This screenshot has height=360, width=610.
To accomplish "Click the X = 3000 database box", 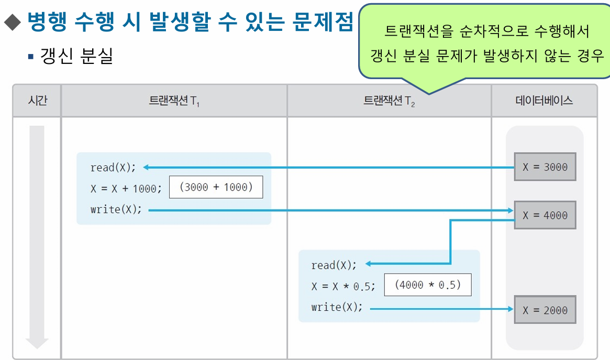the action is point(545,167).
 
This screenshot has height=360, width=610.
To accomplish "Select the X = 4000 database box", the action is point(545,215).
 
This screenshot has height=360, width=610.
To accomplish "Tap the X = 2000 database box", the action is point(545,310).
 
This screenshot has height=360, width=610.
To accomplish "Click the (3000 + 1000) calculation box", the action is point(216,188).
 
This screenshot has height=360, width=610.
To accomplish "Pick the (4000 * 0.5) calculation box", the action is point(427,285).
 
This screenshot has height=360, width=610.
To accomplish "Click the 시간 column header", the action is point(37,101).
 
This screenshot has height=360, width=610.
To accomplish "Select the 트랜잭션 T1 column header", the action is point(174,101).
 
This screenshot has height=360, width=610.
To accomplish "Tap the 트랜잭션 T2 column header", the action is point(389,101).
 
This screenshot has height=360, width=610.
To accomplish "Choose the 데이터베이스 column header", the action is point(544,101).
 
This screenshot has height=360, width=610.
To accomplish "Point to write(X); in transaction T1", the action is point(116,210).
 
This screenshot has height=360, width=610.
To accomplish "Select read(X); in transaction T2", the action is point(334,265).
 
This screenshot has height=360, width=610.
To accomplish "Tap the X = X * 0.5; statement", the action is point(343,286).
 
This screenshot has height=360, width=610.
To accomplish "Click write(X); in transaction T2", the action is point(337,307).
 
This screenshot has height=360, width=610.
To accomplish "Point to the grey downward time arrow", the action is point(37,236).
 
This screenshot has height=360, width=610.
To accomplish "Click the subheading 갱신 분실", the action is point(76,56).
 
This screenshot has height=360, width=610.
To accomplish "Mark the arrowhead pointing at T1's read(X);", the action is point(147,168).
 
